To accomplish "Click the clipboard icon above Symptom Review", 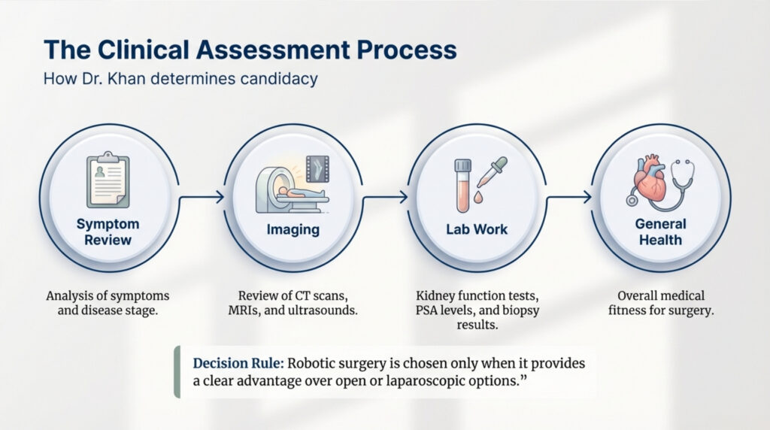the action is [x=108, y=180].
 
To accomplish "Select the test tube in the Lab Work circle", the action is [x=462, y=186].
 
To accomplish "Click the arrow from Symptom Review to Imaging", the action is [x=201, y=197].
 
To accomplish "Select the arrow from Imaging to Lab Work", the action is [x=385, y=197].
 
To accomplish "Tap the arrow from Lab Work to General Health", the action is [x=568, y=197].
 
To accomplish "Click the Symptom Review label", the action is [x=108, y=232].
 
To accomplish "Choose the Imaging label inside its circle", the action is [x=293, y=230].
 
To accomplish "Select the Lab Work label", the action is [x=477, y=229].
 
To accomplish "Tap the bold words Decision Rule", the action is [x=238, y=363].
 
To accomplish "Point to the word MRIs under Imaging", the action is [x=244, y=310].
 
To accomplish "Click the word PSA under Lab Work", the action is [x=426, y=310].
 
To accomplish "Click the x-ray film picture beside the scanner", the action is [x=318, y=169].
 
